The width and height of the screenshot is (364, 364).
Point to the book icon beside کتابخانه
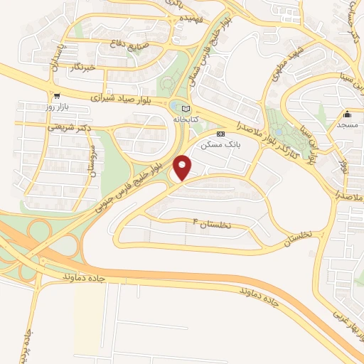click(187, 108)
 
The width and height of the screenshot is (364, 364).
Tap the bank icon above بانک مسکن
click(220, 134)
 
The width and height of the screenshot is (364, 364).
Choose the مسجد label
click(347, 126)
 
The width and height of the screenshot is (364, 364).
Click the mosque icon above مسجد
click(347, 114)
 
